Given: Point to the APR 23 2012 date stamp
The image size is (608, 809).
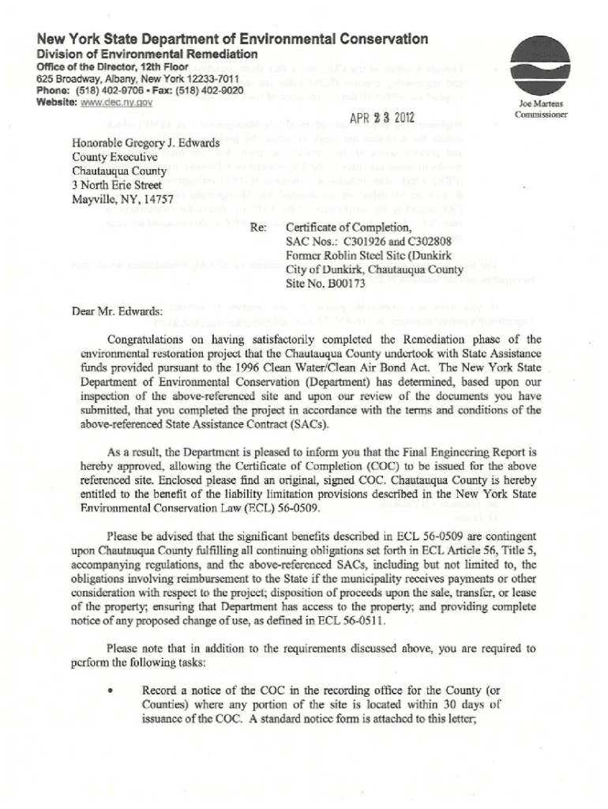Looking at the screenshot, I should coord(377,119).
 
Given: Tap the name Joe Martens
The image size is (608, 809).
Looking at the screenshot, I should coord(537,103).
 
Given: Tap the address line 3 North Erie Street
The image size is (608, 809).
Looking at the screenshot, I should coord(115,185).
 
